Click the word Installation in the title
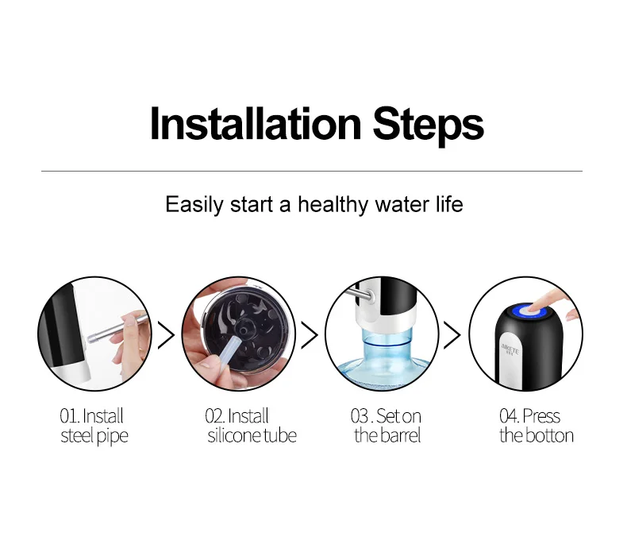[256, 124]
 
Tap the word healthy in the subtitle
[333, 205]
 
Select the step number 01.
[69, 416]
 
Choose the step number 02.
[215, 416]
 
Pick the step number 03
[360, 416]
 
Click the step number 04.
[509, 416]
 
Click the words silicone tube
[252, 435]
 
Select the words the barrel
[387, 435]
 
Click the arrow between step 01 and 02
[167, 334]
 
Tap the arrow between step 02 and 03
[310, 334]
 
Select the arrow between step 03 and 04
[452, 334]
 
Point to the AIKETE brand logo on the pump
[510, 349]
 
